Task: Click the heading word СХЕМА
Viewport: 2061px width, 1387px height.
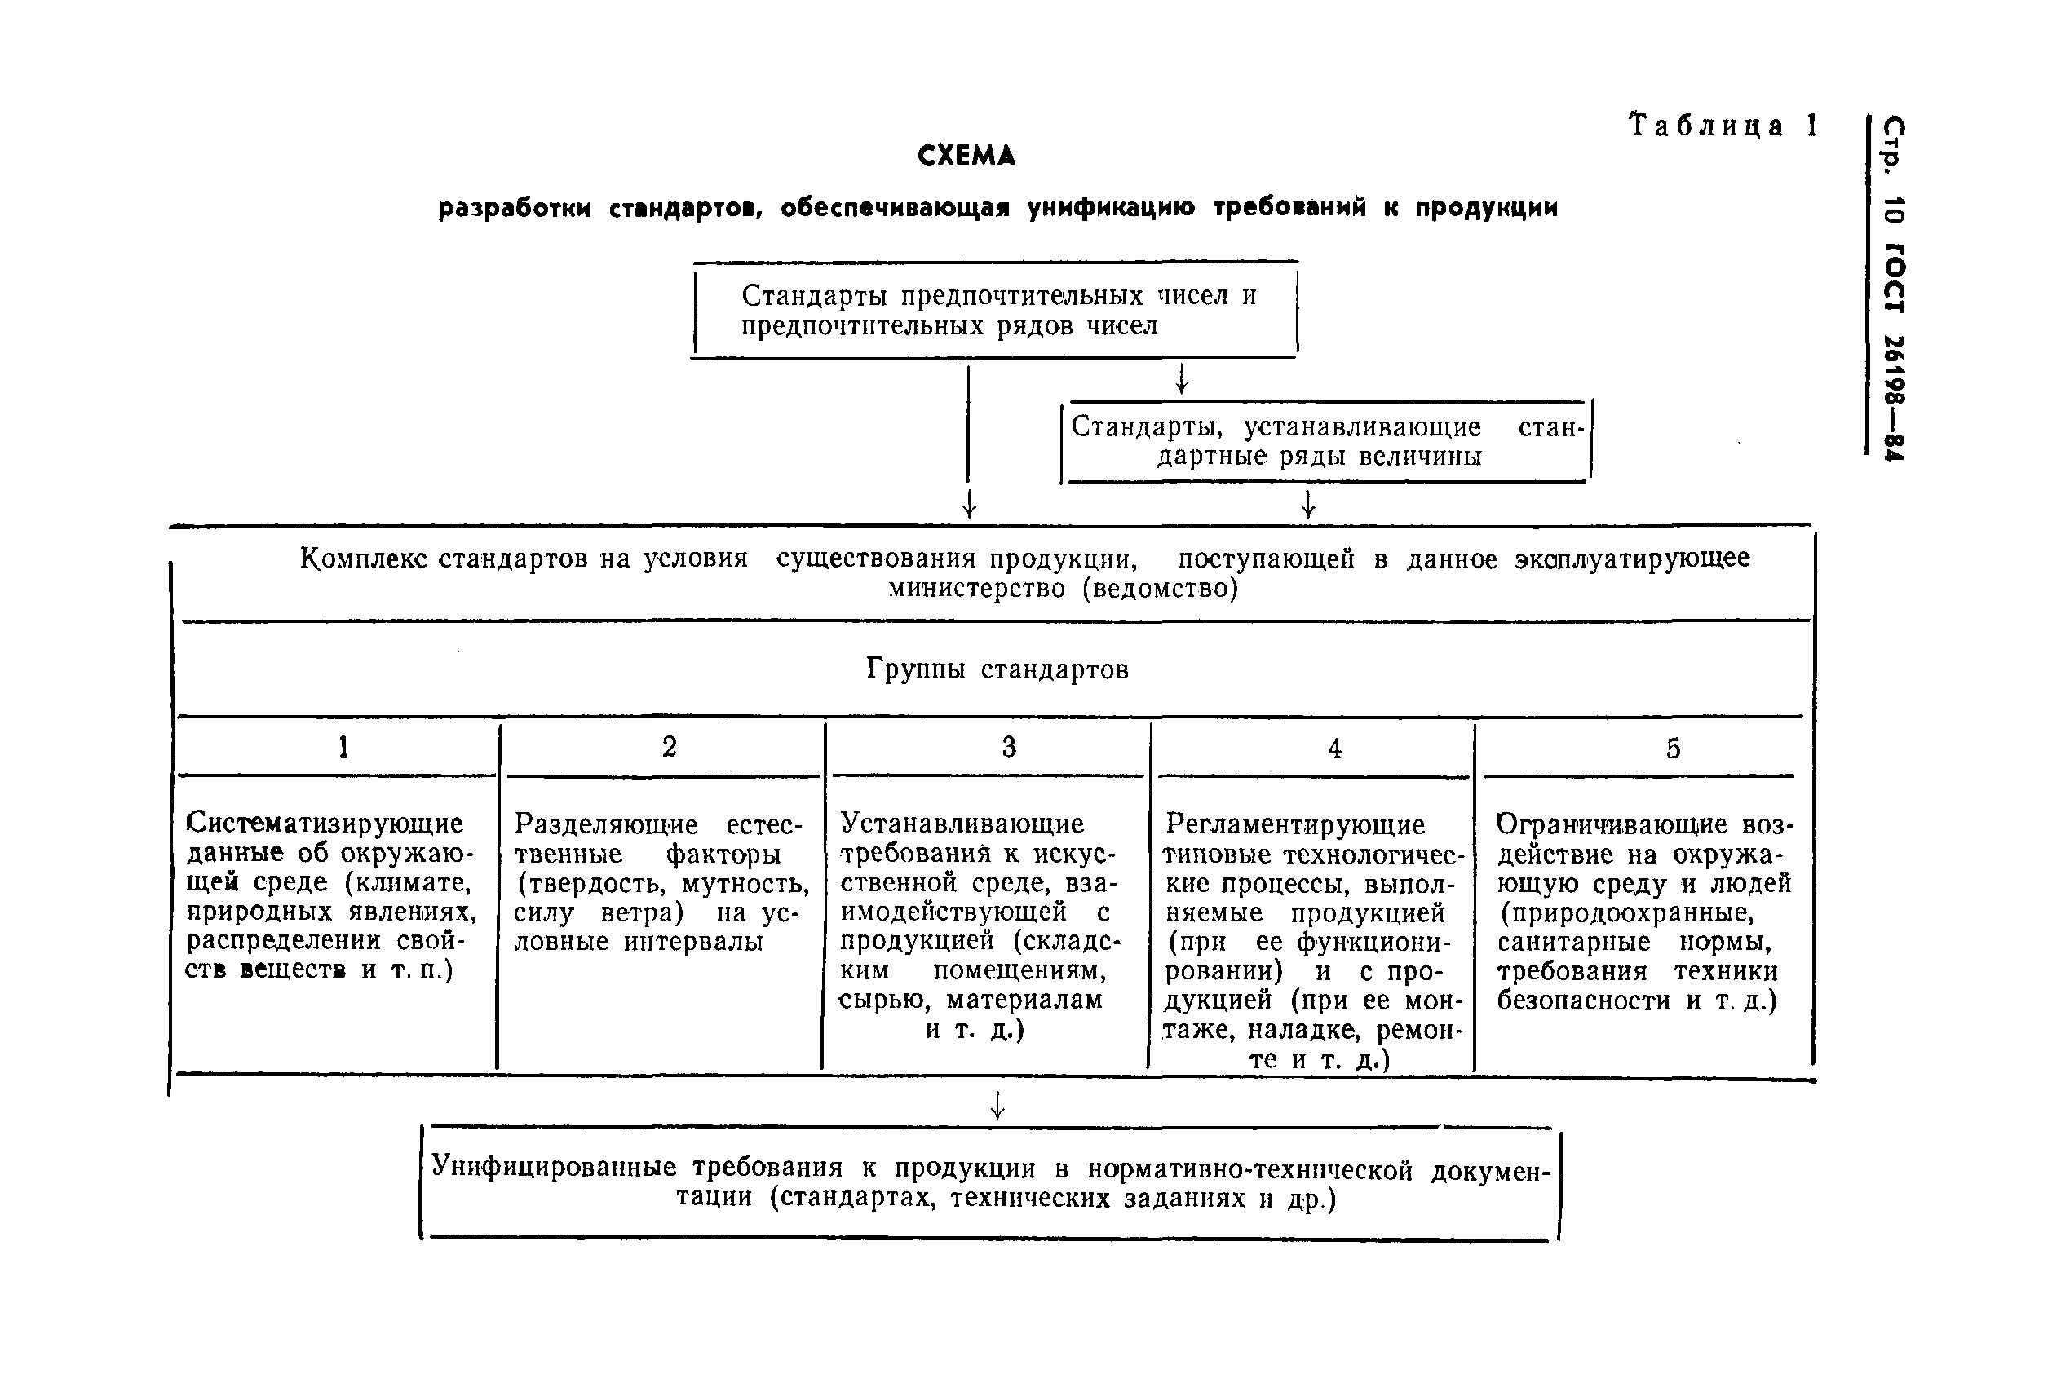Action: click(x=966, y=157)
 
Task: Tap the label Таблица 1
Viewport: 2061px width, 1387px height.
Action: click(x=1723, y=126)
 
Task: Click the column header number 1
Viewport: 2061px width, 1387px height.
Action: click(x=343, y=748)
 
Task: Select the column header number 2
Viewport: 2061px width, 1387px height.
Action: click(x=670, y=747)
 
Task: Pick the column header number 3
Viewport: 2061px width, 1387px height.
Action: click(x=1008, y=748)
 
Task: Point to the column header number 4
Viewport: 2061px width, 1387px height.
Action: click(x=1334, y=749)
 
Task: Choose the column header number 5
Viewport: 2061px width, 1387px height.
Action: click(x=1673, y=749)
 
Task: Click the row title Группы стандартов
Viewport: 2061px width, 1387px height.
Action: click(x=997, y=669)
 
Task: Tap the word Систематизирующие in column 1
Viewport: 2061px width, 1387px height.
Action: click(x=325, y=824)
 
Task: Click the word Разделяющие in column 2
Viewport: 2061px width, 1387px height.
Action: click(x=606, y=824)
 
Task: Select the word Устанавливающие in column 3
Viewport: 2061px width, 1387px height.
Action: click(x=962, y=824)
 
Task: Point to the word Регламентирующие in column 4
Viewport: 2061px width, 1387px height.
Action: click(x=1295, y=824)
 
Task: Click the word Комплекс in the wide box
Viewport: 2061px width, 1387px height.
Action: click(x=363, y=559)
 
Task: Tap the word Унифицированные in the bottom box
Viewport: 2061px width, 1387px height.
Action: click(x=554, y=1167)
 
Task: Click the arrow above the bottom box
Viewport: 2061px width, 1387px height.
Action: click(x=997, y=1106)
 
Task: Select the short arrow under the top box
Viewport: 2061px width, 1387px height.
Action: click(x=1180, y=379)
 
